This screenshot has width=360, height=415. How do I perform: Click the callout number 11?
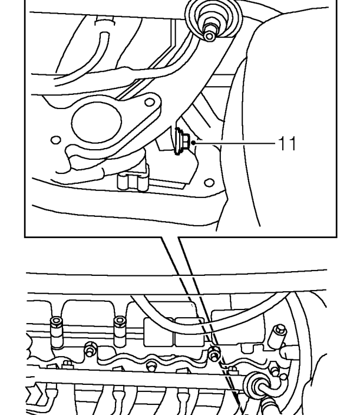coord(288,143)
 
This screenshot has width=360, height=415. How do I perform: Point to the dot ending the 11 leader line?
coord(193,143)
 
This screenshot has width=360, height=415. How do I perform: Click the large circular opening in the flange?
coord(97,123)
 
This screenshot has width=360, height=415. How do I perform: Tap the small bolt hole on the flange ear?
coord(150,102)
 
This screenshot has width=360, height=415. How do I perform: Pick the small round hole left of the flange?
coord(55,140)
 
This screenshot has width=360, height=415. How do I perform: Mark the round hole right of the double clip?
coord(209,183)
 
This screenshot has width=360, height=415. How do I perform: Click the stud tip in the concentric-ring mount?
coord(210,36)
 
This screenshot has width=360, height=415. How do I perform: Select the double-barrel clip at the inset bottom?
coord(133,182)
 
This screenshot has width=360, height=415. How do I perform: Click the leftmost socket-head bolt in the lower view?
coord(57,332)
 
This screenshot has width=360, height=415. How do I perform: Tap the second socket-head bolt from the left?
coord(120,332)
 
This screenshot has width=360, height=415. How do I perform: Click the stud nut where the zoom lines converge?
coord(214,353)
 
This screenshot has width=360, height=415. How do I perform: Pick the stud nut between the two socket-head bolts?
coord(89,350)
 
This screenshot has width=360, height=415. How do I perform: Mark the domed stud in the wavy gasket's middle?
coord(151,366)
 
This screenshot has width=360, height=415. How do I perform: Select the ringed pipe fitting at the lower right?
coord(256,386)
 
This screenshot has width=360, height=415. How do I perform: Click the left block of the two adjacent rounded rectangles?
coord(158,332)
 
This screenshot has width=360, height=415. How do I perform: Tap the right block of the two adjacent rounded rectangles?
coord(189,332)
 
